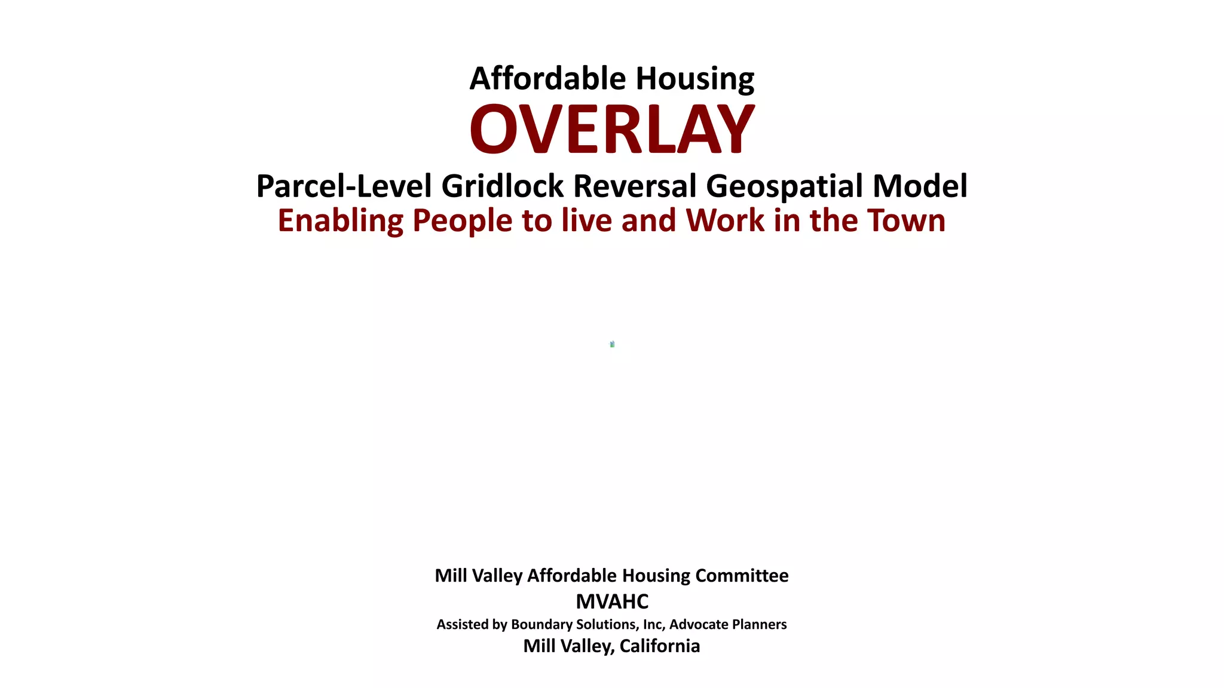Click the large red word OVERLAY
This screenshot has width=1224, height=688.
tap(612, 129)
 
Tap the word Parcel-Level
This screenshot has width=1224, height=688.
tap(344, 186)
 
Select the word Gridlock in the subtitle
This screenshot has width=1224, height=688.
tap(502, 186)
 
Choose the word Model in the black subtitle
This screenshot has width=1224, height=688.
tap(920, 186)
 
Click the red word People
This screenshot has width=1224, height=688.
tap(462, 221)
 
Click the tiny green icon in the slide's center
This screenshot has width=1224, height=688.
tap(612, 344)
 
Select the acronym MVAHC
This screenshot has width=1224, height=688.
tap(612, 601)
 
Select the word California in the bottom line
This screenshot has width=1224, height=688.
tap(660, 646)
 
